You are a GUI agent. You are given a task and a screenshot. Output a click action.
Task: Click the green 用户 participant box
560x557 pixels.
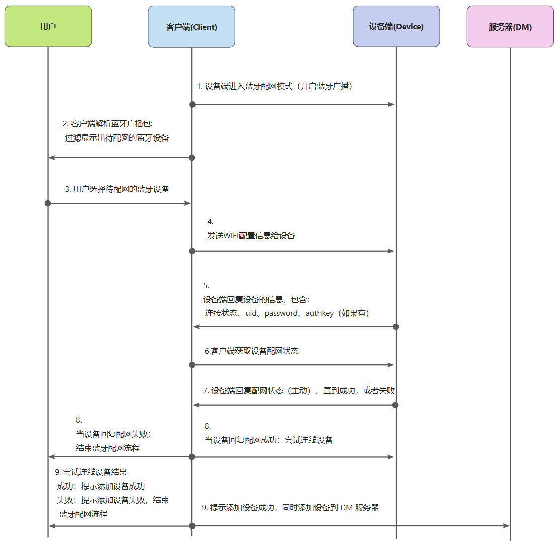(48, 26)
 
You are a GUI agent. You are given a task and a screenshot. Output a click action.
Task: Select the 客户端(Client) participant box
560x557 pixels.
(192, 27)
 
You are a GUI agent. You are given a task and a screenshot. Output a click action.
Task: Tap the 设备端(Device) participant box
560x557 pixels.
(396, 27)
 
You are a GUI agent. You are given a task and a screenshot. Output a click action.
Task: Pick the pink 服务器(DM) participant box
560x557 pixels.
(510, 27)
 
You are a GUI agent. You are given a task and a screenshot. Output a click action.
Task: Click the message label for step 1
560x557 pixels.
(274, 86)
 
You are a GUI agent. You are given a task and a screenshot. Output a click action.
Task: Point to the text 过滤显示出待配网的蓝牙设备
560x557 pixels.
(117, 137)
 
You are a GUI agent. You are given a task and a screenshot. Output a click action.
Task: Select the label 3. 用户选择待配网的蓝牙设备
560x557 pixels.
(117, 189)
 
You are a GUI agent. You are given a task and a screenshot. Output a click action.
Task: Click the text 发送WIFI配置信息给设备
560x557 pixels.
(251, 235)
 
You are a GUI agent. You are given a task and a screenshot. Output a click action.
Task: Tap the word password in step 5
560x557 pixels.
(281, 313)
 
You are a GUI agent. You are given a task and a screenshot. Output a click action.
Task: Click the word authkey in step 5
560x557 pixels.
(319, 313)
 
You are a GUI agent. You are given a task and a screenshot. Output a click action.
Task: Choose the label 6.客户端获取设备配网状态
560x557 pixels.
(252, 351)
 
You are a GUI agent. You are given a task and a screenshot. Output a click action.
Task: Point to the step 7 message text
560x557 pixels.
(299, 391)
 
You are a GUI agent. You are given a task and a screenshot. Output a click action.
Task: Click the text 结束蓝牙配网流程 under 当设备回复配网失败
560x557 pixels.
(108, 448)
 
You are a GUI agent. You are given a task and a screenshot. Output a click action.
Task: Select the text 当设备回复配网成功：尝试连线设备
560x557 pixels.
(268, 440)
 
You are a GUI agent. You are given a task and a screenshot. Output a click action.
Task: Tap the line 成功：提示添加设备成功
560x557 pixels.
(101, 486)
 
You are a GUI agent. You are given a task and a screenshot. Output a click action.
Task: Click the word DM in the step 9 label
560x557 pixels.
(346, 508)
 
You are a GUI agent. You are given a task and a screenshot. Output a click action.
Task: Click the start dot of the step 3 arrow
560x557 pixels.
(48, 203)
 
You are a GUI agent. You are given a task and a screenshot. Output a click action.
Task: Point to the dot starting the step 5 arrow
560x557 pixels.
(396, 327)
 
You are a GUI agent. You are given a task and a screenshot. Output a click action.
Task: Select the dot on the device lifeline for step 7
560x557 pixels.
(395, 405)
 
